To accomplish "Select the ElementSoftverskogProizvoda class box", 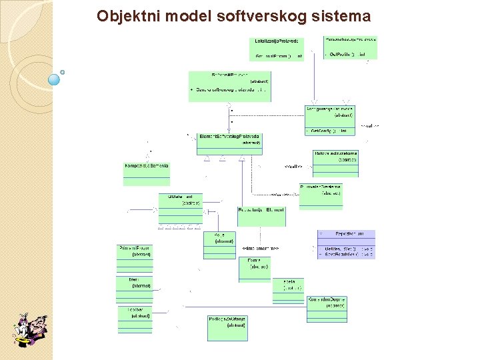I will (x=229, y=144).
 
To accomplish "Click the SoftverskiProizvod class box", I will (x=230, y=86).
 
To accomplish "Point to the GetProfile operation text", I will (x=347, y=54).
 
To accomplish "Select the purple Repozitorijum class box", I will (x=346, y=244).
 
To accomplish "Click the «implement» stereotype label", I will (x=261, y=249).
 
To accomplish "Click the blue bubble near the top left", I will (x=54, y=79).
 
